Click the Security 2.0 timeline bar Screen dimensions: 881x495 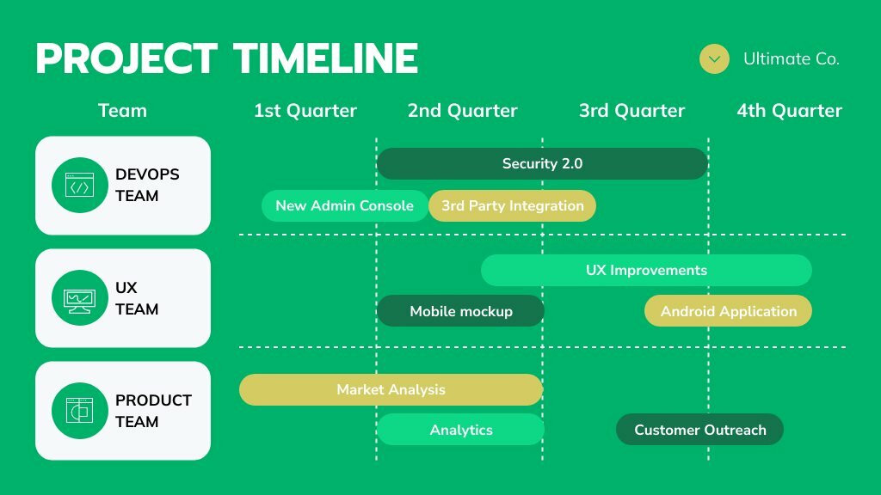[542, 163]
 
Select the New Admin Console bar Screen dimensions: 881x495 [345, 205]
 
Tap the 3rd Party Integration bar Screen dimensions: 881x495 [513, 205]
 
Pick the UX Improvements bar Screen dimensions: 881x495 [646, 270]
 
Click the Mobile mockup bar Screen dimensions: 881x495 [461, 311]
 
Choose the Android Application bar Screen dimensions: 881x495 [728, 311]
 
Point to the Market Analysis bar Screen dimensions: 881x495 [391, 389]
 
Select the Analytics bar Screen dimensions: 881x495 [461, 430]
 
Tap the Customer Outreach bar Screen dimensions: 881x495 [699, 430]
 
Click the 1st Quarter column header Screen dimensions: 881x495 [305, 111]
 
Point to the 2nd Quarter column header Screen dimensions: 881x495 [462, 111]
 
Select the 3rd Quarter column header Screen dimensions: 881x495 [632, 111]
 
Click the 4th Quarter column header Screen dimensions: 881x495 [790, 111]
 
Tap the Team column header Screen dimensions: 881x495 [122, 111]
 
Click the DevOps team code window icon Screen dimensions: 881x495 [80, 186]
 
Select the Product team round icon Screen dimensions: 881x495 [80, 411]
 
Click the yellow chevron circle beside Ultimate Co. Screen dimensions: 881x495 [714, 59]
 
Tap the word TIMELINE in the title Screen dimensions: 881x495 [326, 58]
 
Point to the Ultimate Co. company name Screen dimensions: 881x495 [792, 59]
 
